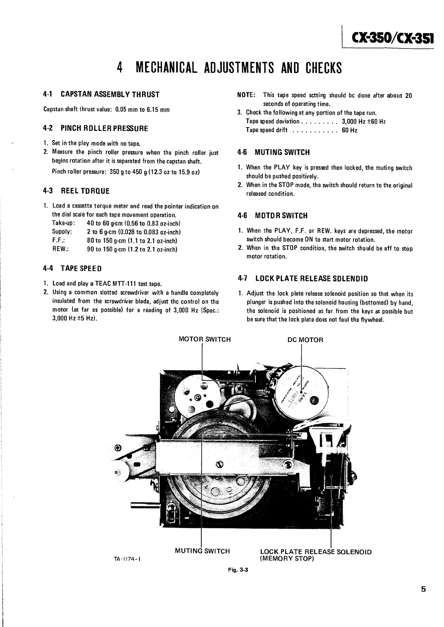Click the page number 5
pos(423,589)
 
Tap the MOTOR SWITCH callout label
pos(205,339)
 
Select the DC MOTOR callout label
pos(305,340)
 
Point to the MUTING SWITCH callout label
pos(202,551)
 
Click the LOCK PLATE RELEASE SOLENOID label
pos(316,552)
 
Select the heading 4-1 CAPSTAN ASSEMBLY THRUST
pos(101,94)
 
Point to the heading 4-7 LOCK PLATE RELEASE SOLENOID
pos(303,279)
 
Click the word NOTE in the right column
pos(246,95)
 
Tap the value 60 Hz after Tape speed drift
pos(349,130)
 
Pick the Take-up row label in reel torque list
pos(64,223)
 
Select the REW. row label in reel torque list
pos(61,249)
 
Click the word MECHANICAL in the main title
pos(168,68)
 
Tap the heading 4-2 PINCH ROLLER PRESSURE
pos(96,129)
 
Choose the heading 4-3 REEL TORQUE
pos(77,191)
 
